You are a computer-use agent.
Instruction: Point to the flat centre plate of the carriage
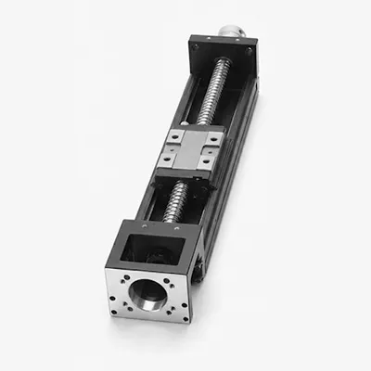(190, 149)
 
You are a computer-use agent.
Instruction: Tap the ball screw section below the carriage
(175, 200)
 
